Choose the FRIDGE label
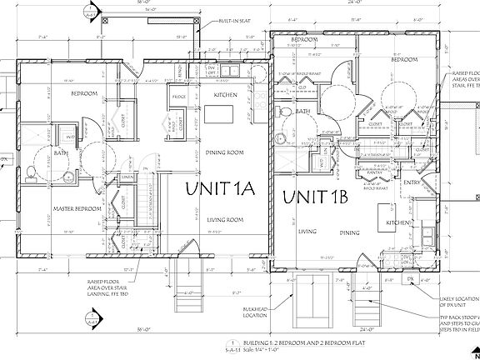coord(178,99)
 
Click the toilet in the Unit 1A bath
coord(31,173)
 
